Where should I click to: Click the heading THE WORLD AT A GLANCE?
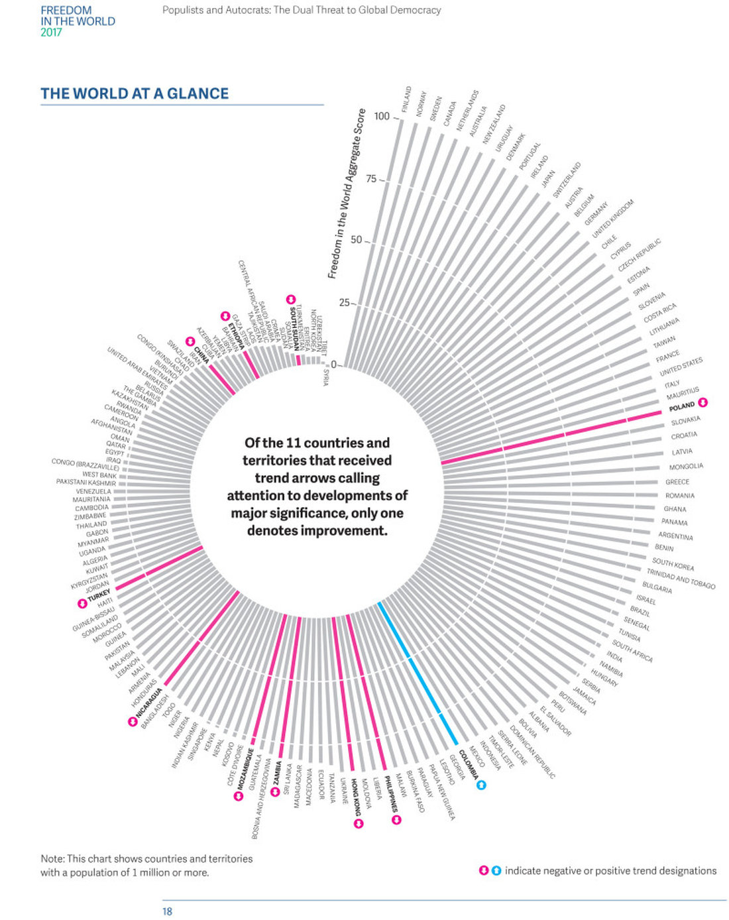click(x=135, y=93)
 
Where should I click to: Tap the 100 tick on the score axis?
click(x=382, y=116)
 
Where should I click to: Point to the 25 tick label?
click(x=345, y=303)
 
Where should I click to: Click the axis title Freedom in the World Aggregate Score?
click(x=346, y=193)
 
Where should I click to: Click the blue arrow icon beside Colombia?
click(x=482, y=785)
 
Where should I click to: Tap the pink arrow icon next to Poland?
click(x=703, y=402)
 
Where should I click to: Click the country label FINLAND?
click(x=406, y=99)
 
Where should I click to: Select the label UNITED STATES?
click(x=681, y=367)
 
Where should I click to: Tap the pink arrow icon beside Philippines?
click(x=397, y=820)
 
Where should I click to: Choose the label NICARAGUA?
click(x=148, y=705)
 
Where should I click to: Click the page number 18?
click(x=167, y=911)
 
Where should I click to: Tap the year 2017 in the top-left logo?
click(x=51, y=32)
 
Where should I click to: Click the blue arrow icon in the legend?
click(x=496, y=870)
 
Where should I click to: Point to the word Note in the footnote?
click(x=52, y=858)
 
